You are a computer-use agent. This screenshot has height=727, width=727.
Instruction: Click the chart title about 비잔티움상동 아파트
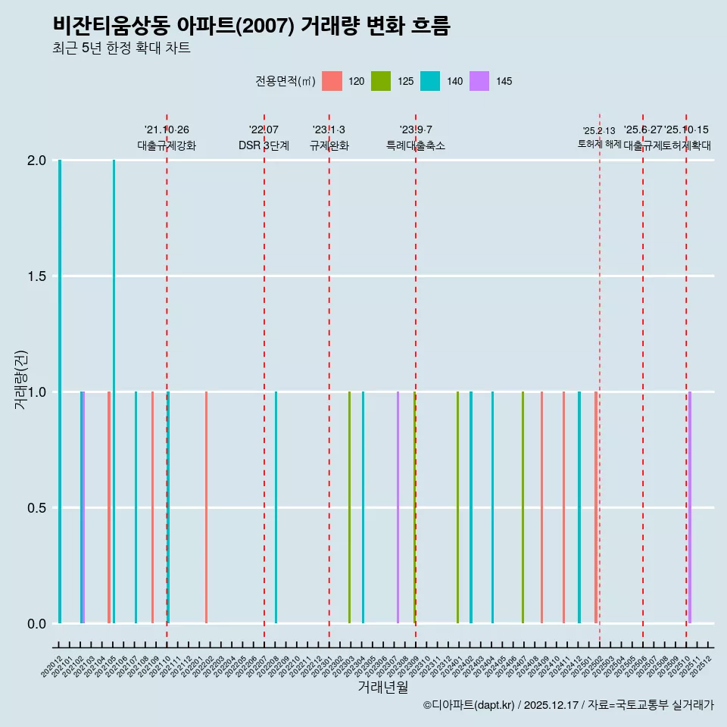251,26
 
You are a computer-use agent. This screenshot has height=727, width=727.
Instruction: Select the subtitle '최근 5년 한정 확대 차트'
121,48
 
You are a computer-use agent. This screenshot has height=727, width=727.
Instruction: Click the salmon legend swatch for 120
332,81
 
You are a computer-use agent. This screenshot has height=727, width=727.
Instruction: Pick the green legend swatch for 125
381,81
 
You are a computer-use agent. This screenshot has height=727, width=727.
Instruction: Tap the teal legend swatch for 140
430,81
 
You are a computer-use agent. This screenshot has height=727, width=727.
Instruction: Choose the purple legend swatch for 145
479,81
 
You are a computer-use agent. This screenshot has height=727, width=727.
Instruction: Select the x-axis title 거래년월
382,687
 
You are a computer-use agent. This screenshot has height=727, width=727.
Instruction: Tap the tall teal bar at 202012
60,392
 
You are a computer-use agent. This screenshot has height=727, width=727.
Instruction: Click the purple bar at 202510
690,507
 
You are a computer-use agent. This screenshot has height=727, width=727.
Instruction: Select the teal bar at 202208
276,507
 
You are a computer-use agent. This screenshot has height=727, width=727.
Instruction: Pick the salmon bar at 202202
206,507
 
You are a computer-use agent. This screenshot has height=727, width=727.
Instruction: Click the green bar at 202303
349,507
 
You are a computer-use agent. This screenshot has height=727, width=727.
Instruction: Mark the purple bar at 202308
398,507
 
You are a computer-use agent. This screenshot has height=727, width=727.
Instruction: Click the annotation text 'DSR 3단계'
264,145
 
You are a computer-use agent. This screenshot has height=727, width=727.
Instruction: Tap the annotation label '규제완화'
329,145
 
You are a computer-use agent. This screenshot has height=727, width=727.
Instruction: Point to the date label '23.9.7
416,129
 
